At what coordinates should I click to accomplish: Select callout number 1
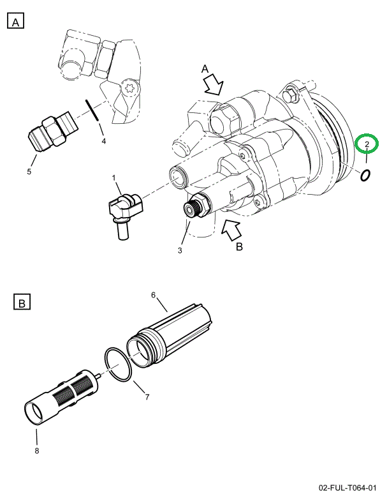114,177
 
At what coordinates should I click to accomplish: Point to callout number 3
180,250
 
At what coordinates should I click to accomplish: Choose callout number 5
28,171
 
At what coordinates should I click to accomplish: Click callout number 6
154,295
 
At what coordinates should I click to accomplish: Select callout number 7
147,397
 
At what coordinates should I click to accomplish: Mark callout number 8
37,451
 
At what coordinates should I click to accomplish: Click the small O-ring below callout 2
365,175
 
